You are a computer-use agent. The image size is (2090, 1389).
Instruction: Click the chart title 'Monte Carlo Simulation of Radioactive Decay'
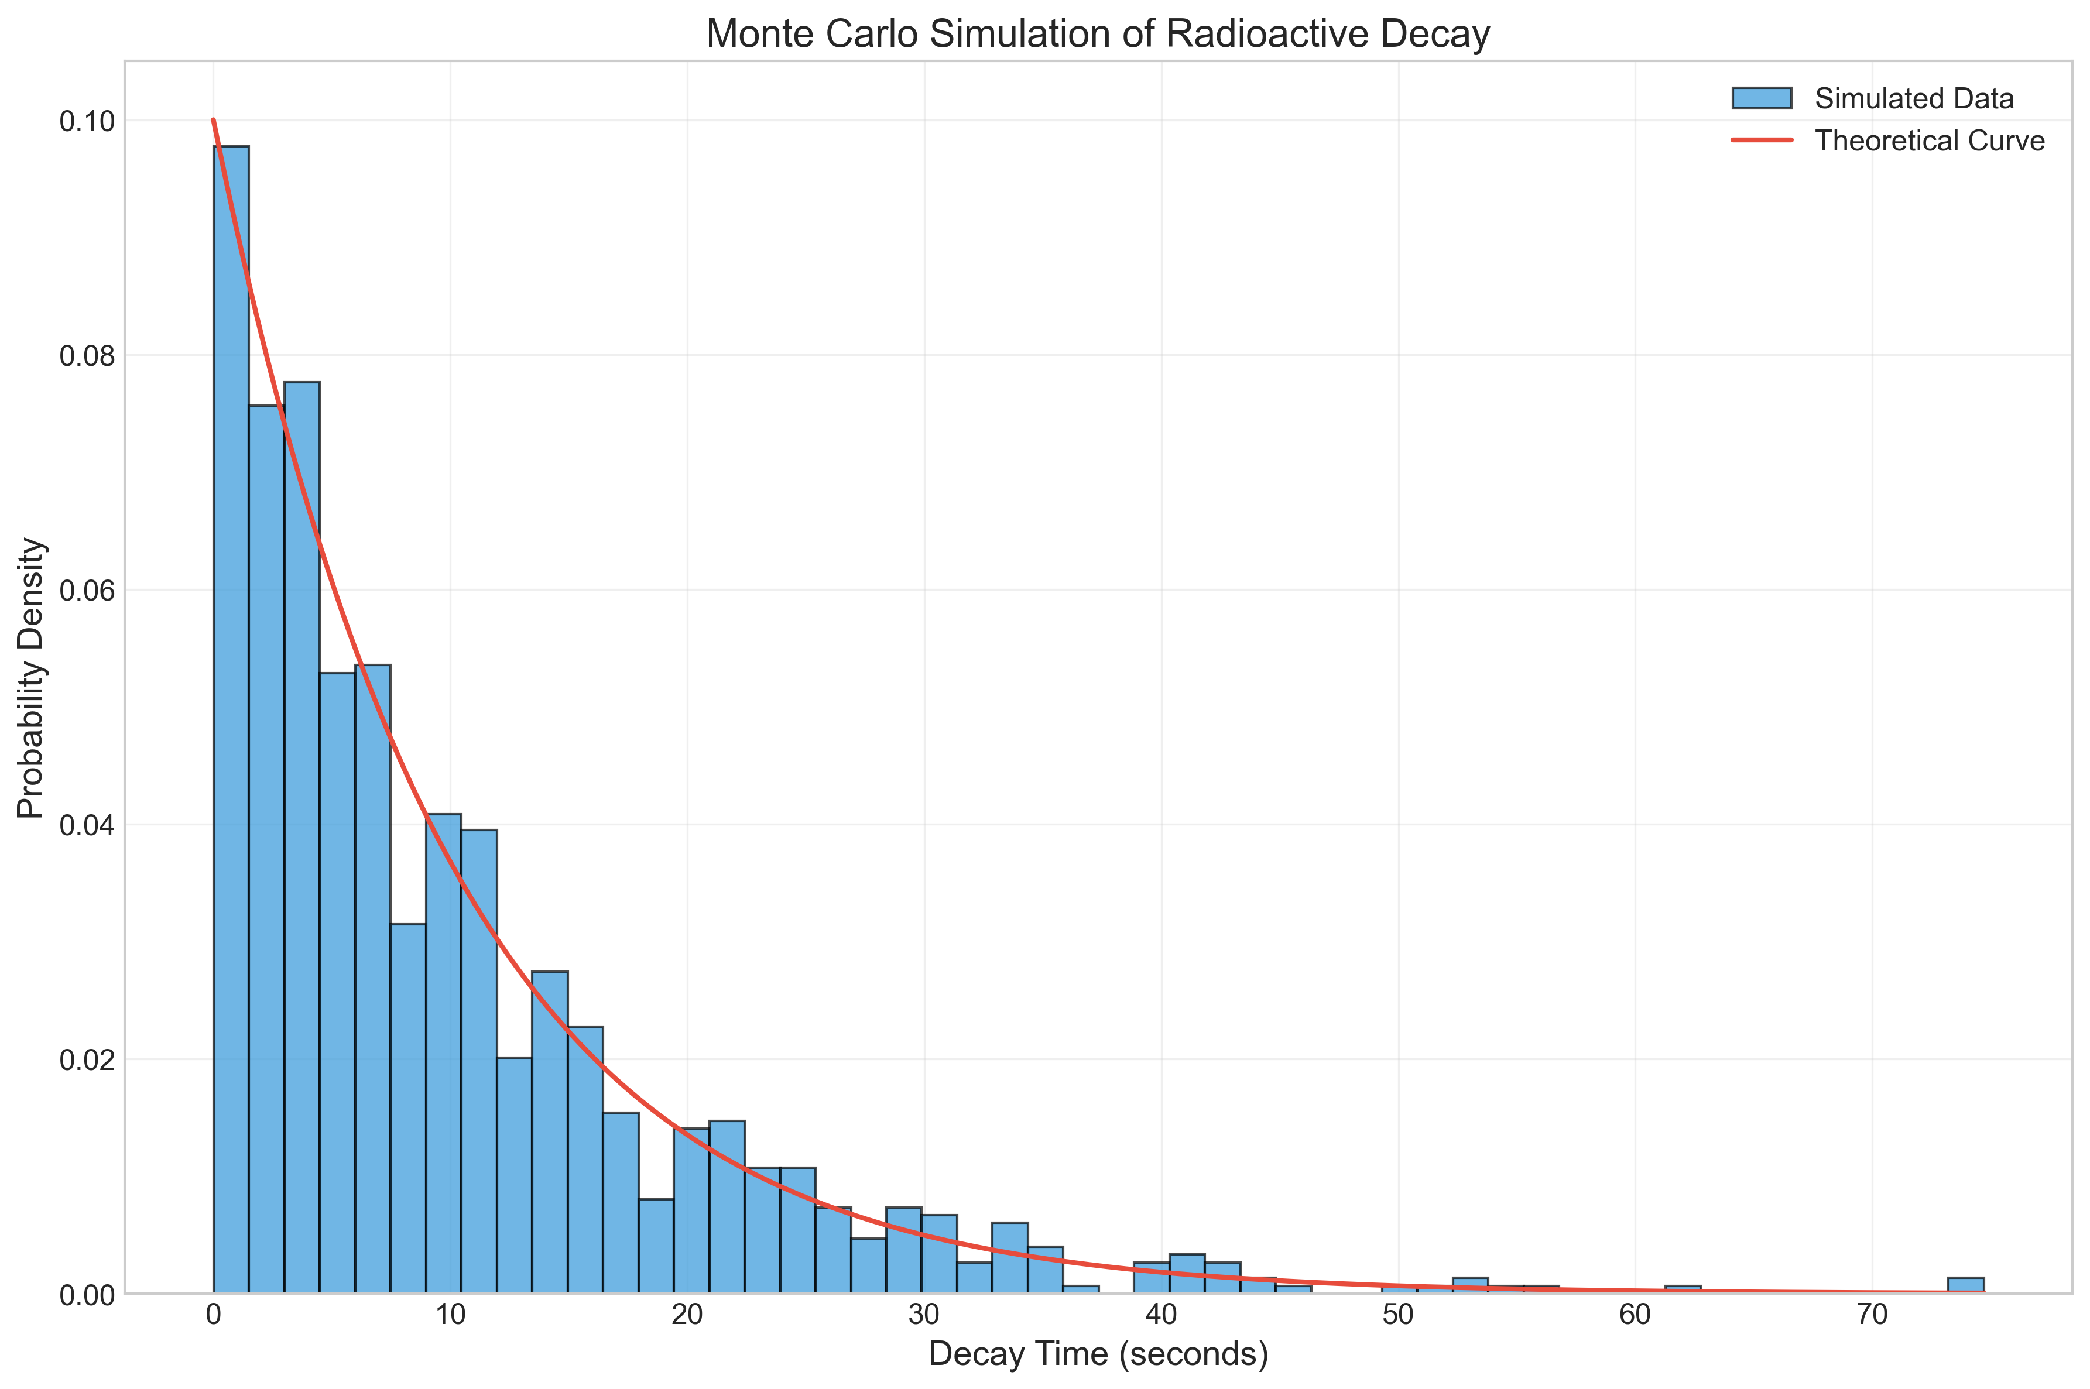point(1098,34)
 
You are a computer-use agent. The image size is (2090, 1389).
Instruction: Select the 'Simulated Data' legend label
point(1914,98)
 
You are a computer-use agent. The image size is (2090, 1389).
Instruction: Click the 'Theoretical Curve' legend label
point(1930,141)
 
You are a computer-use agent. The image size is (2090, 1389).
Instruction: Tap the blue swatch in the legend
point(1762,98)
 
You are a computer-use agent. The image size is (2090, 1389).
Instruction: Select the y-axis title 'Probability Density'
point(31,678)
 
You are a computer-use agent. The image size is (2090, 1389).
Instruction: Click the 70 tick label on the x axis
point(1872,1315)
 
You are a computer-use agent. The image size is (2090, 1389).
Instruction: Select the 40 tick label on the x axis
point(1162,1315)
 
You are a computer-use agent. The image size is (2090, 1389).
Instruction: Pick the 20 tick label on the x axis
point(687,1315)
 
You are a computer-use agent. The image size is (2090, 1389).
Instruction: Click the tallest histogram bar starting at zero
point(231,719)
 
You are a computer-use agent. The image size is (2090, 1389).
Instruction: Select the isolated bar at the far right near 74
point(1966,1285)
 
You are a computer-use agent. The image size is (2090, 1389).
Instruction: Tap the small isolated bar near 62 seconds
point(1683,1290)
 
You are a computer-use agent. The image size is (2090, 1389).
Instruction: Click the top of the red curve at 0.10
point(214,121)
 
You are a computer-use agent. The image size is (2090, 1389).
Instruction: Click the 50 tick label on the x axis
point(1398,1315)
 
